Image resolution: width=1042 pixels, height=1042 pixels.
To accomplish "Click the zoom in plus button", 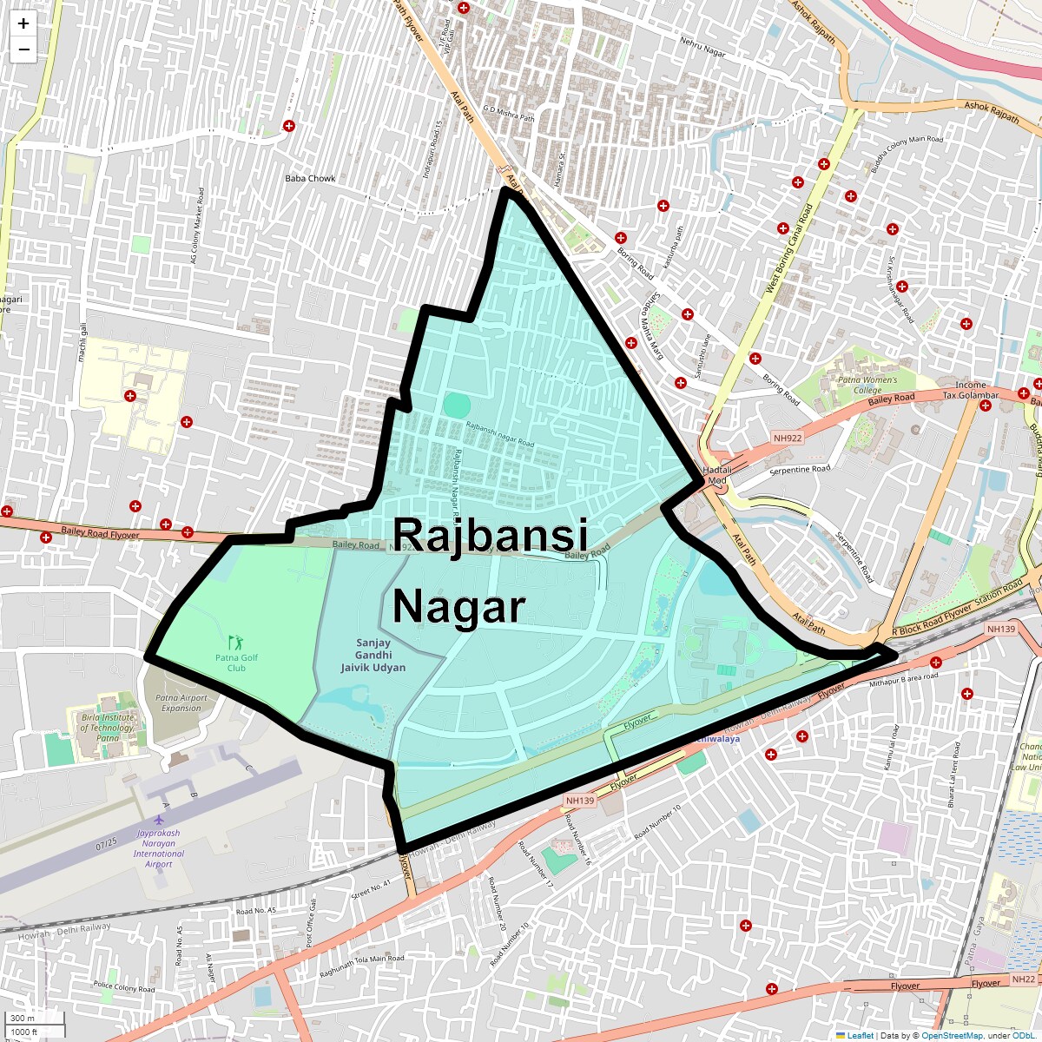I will point(23,23).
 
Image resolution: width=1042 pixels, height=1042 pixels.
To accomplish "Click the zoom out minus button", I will point(23,49).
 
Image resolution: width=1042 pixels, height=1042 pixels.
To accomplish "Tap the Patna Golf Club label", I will point(236,663).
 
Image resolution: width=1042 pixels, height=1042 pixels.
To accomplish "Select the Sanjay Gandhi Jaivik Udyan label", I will point(373,656).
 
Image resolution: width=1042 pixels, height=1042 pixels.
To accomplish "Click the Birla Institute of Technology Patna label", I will point(108,728).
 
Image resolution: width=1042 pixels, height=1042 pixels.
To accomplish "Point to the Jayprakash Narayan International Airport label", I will point(159,847).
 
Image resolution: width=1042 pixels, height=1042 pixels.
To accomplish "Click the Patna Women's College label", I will point(867,385).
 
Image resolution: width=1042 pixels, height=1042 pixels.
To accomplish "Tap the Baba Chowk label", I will point(310,178).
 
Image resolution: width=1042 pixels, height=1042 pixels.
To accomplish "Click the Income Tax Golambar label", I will point(971,390).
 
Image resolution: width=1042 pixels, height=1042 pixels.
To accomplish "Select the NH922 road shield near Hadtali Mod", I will point(788,439).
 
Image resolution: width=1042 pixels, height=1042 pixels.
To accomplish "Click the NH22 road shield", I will point(1023,979).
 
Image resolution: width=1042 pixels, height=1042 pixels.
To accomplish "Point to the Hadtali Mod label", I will point(717,475).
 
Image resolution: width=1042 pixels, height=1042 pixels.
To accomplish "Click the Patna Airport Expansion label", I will point(181,702).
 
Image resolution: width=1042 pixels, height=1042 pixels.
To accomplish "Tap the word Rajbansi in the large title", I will point(491,535).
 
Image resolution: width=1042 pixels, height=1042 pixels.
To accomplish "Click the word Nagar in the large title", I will point(459,606).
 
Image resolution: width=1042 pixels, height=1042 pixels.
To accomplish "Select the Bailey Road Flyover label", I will point(100,532).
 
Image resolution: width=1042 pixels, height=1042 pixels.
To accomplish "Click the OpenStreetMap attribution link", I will point(952,1035).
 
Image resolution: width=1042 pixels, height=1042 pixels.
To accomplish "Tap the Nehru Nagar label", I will point(702,47).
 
